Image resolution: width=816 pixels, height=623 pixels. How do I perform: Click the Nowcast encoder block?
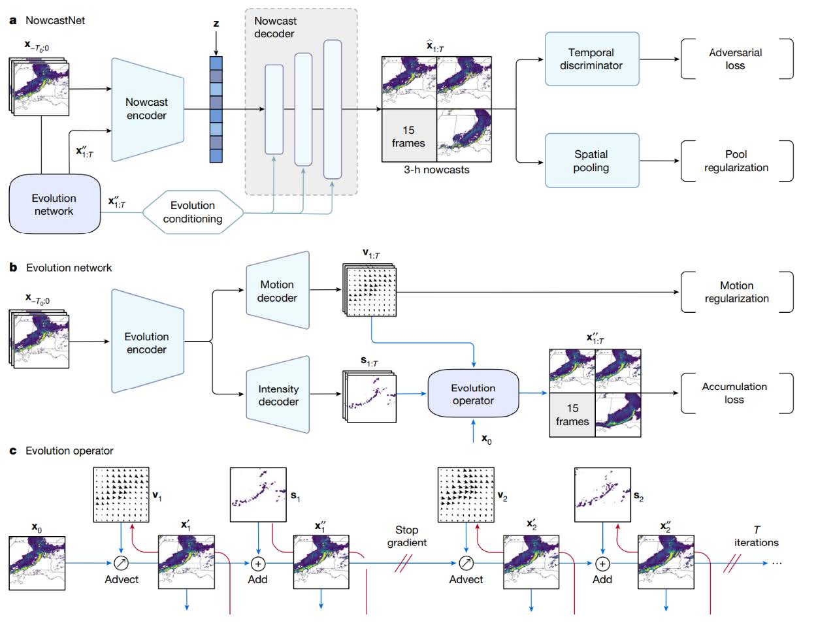point(146,109)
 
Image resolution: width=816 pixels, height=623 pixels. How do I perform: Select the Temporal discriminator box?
point(591,59)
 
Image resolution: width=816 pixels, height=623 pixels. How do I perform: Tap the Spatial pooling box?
point(591,161)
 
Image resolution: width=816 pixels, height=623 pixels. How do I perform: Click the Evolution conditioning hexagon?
point(193,212)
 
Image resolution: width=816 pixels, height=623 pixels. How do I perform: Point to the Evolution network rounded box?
point(54,204)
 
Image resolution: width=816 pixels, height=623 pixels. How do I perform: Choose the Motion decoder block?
point(277,291)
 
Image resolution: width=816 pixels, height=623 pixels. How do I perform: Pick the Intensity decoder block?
point(278,395)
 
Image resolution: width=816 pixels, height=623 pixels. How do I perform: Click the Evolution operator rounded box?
point(473,394)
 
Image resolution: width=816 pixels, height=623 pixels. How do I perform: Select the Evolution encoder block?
point(146,343)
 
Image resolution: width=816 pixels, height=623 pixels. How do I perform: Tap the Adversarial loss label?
point(736,59)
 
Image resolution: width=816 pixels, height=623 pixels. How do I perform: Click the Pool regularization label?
point(736,161)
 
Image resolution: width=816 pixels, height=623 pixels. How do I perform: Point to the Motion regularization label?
point(736,292)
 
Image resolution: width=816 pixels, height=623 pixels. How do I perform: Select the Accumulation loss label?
point(734,393)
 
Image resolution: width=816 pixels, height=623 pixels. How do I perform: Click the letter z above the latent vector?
point(216,24)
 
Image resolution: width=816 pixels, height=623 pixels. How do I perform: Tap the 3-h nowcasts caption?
point(436,170)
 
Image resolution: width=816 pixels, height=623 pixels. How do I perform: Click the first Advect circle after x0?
point(122,563)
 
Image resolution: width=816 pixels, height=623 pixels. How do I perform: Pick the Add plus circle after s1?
point(258,563)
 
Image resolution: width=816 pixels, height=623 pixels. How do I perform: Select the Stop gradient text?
point(406,536)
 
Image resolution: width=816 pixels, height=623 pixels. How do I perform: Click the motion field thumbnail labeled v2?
point(466,495)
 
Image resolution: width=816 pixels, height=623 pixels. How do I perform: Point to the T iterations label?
point(757,536)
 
